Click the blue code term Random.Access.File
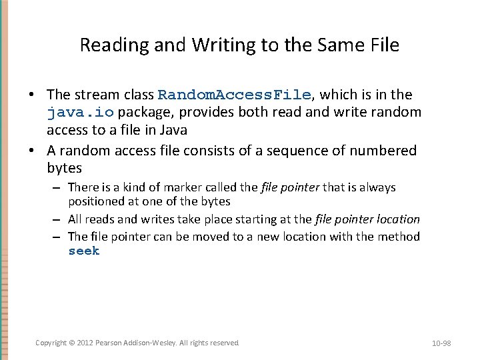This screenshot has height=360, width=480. (234, 95)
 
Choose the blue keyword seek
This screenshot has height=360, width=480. (83, 251)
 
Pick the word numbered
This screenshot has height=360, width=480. (380, 151)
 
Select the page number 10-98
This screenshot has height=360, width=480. (441, 343)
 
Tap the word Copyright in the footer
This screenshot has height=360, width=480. (51, 343)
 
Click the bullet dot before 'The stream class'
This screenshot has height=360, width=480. (38, 95)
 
